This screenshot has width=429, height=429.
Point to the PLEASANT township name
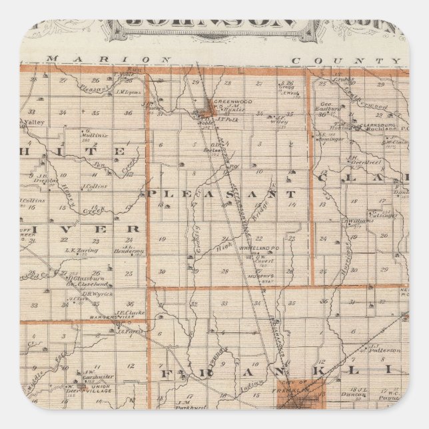[x=220, y=194]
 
